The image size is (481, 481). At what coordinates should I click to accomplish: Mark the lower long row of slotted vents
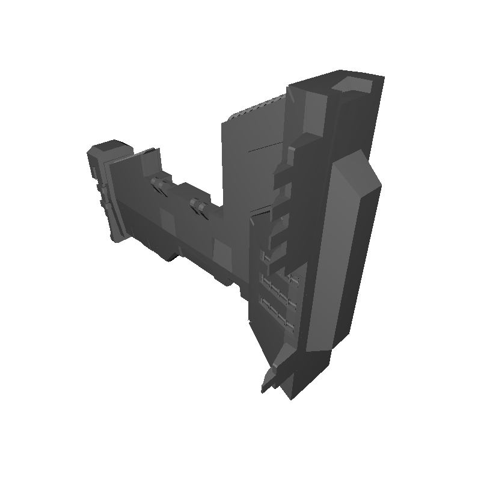[x=278, y=308]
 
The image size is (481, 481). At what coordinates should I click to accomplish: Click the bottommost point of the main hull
[x=292, y=397]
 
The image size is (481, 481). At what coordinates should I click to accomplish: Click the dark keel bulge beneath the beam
[x=162, y=253]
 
